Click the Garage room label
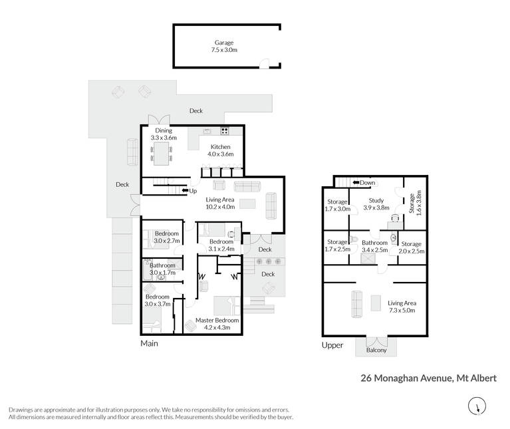pos(224,43)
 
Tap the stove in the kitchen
pos(225,131)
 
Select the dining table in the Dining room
pos(162,154)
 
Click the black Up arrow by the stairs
pos(185,191)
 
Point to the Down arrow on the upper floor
pos(356,183)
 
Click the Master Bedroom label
pos(217,321)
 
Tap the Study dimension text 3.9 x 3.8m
pos(376,208)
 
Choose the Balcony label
pos(376,351)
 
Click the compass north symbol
pos(477,406)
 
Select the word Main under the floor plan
pos(150,343)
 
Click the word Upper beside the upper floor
pos(332,345)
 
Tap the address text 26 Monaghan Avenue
pos(406,378)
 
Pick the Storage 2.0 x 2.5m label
pos(412,247)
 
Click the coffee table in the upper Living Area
pos(376,303)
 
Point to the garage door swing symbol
pos(265,63)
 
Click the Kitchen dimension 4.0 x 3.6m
pos(221,154)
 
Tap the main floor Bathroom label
pos(162,265)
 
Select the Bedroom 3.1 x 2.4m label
pos(221,245)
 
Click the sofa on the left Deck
pos(132,152)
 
